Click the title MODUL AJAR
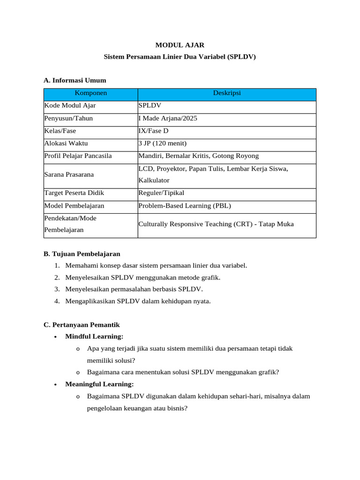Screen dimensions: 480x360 pos(180,45)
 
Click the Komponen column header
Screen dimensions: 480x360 pos(91,93)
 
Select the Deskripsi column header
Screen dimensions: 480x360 pos(227,93)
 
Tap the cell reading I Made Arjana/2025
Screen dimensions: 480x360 pos(168,118)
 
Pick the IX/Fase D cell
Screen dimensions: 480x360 pos(155,131)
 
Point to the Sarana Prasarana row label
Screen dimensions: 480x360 pos(69,174)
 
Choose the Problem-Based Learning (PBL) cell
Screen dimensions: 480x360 pos(185,205)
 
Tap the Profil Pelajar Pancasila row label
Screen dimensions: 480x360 pos(78,156)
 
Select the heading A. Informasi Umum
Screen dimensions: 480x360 pos(75,80)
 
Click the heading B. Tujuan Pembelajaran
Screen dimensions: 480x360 pos(82,254)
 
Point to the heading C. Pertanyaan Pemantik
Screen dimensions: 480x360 pos(82,324)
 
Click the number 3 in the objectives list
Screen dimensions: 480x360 pos(56,289)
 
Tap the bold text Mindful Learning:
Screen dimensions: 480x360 pos(94,336)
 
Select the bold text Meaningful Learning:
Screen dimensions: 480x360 pos(100,384)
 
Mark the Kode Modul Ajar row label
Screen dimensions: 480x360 pos(70,105)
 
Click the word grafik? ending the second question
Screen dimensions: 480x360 pos(268,372)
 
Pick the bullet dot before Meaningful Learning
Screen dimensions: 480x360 pos(56,384)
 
